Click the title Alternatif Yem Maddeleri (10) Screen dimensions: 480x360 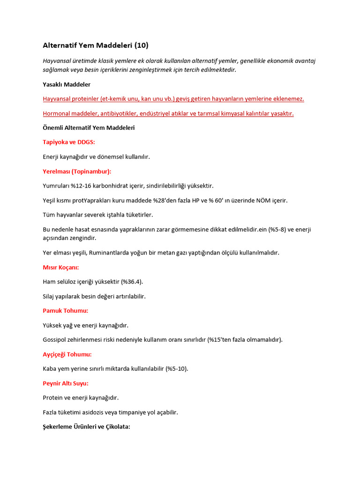pyautogui.click(x=96, y=45)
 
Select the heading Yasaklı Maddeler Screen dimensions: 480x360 pyautogui.click(x=67, y=84)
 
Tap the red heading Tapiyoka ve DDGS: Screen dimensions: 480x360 pyautogui.click(x=69, y=142)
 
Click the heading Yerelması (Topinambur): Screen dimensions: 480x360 pyautogui.click(x=77, y=171)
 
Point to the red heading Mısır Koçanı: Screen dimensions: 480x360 pyautogui.click(x=61, y=267)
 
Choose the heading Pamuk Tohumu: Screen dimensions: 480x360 pyautogui.click(x=65, y=310)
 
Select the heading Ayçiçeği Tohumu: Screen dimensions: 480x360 pyautogui.click(x=67, y=354)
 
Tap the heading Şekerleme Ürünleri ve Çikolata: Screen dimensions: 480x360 pyautogui.click(x=86, y=427)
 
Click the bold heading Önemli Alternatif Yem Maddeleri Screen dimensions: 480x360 pyautogui.click(x=89, y=128)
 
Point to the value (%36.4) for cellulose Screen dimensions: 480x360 pyautogui.click(x=132, y=282)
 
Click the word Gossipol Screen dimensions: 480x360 pyautogui.click(x=55, y=340)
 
